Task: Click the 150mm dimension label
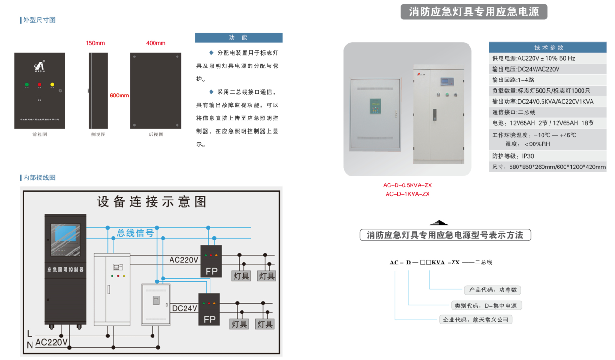click(x=95, y=43)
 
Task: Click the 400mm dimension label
click(x=156, y=43)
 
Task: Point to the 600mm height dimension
click(x=119, y=96)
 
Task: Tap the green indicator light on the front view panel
click(x=27, y=85)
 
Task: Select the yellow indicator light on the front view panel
click(x=52, y=85)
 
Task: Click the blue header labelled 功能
click(x=238, y=38)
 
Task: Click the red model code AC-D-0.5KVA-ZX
click(x=407, y=185)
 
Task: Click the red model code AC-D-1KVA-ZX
click(x=407, y=194)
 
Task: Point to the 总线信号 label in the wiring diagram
click(x=135, y=232)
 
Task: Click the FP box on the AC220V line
click(x=211, y=261)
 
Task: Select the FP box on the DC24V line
click(x=209, y=309)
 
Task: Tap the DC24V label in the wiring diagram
click(x=184, y=309)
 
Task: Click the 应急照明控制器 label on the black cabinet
click(x=65, y=270)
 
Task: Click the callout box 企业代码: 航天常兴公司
click(x=475, y=320)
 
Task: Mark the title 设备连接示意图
click(x=152, y=202)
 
